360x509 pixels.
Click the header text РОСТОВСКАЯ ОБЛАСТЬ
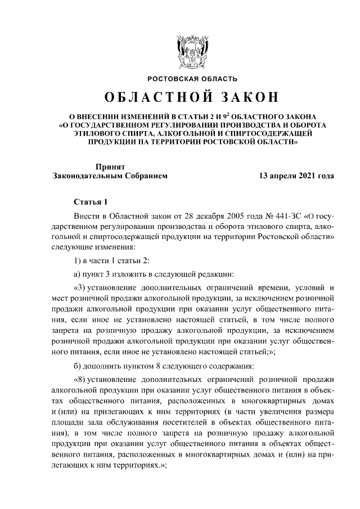click(192, 79)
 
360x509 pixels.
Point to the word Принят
click(110, 166)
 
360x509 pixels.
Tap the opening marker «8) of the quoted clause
click(81, 380)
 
